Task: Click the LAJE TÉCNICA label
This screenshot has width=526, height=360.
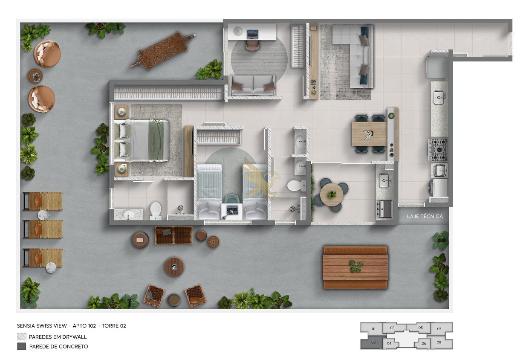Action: [x=425, y=216]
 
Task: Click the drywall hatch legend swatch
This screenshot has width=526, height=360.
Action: [x=22, y=337]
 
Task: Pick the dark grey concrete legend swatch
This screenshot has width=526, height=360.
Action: [x=22, y=346]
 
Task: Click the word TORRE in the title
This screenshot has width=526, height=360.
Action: [x=110, y=326]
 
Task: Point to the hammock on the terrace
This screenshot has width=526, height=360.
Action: [x=163, y=50]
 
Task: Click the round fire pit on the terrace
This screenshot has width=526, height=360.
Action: [x=174, y=267]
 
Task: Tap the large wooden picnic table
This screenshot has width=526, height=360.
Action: [x=355, y=267]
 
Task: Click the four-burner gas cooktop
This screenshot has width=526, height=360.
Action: [x=438, y=149]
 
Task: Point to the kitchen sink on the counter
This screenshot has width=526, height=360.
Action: [x=439, y=98]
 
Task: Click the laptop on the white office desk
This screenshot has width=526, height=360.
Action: [x=253, y=34]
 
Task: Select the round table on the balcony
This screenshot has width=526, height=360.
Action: [x=332, y=195]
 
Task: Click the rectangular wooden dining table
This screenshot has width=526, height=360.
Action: [x=370, y=134]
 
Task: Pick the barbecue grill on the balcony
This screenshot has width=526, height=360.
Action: [x=384, y=209]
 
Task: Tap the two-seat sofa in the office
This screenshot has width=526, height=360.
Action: [x=253, y=86]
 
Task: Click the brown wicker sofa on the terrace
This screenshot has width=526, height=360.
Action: [x=173, y=235]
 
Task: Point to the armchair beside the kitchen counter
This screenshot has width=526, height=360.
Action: [x=437, y=67]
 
